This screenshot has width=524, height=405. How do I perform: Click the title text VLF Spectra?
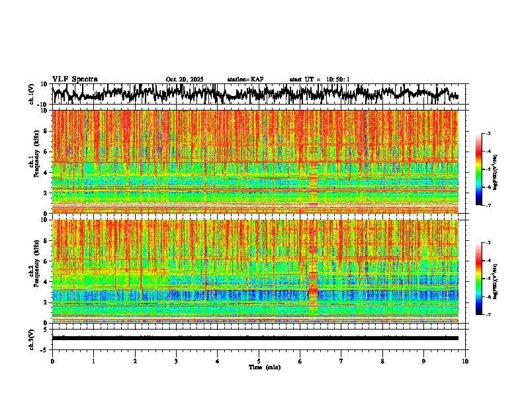(75, 79)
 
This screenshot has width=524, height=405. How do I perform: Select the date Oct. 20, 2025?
(185, 79)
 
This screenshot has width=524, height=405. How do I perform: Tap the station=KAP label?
(245, 79)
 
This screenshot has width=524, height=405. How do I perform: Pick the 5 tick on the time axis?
(259, 361)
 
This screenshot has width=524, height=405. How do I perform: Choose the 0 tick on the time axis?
(52, 361)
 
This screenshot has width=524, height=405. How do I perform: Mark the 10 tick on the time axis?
(465, 361)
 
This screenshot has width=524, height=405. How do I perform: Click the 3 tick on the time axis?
(176, 361)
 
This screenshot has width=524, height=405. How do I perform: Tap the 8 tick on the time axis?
(382, 361)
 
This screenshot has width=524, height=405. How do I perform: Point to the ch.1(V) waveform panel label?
(32, 94)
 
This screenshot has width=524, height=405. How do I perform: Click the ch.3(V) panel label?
(32, 337)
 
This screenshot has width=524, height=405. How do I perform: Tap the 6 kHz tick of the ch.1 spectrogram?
(45, 152)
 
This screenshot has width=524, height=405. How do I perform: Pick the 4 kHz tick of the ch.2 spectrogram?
(45, 281)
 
